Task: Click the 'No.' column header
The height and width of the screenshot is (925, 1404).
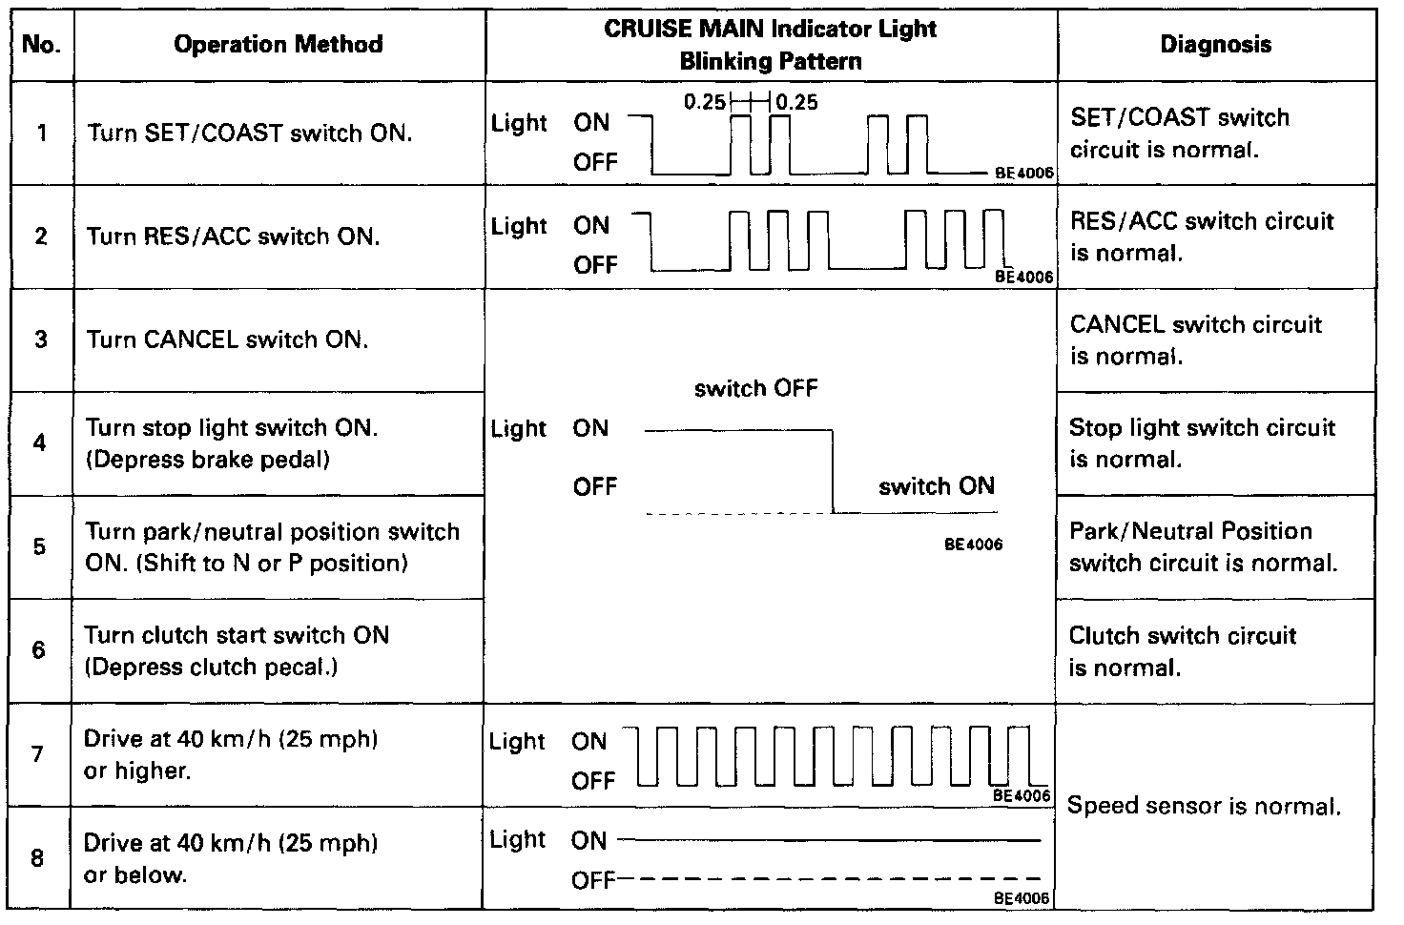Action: point(41,45)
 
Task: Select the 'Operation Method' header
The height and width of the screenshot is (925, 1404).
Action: point(279,45)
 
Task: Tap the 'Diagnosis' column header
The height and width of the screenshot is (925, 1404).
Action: point(1215,45)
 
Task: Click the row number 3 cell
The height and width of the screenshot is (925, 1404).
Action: point(41,339)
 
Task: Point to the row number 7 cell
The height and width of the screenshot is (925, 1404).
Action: point(38,754)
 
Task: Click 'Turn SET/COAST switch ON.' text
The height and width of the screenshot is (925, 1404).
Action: point(250,133)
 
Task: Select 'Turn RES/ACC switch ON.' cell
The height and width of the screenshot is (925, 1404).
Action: point(234,236)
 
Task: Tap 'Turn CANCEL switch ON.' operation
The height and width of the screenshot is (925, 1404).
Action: point(227,339)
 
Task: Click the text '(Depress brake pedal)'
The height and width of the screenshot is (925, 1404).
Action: point(208,460)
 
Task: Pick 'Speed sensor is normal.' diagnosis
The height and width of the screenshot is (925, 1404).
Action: point(1204,806)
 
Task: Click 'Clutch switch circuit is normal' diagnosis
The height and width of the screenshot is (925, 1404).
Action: point(1182,651)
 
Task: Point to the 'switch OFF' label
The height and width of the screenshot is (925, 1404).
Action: point(755,388)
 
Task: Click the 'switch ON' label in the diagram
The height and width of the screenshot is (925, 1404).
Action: point(936,486)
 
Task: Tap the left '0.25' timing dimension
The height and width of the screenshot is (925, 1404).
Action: point(705,102)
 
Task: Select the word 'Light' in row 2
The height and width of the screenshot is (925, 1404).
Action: point(520,227)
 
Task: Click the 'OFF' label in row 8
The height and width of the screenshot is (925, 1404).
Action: point(591,880)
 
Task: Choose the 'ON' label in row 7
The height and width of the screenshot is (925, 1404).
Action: point(589,741)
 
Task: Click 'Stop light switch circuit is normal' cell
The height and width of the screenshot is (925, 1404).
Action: point(1201,443)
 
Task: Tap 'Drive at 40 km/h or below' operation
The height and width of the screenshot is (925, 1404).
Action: point(231,858)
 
